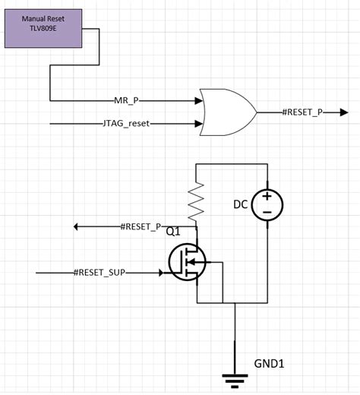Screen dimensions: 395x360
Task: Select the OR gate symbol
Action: coord(226,112)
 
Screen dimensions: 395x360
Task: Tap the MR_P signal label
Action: coord(124,100)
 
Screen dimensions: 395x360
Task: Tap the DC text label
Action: coord(241,204)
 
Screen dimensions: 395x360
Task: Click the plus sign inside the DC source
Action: coord(267,197)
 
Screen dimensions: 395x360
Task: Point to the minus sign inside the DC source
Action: coord(267,213)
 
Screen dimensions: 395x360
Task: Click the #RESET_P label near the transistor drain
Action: coord(141,226)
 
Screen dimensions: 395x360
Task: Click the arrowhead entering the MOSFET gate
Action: coord(161,272)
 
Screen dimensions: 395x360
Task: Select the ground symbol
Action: coord(235,375)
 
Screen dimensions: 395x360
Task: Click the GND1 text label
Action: coord(270,362)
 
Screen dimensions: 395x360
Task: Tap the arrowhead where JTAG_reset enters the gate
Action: coord(201,122)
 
